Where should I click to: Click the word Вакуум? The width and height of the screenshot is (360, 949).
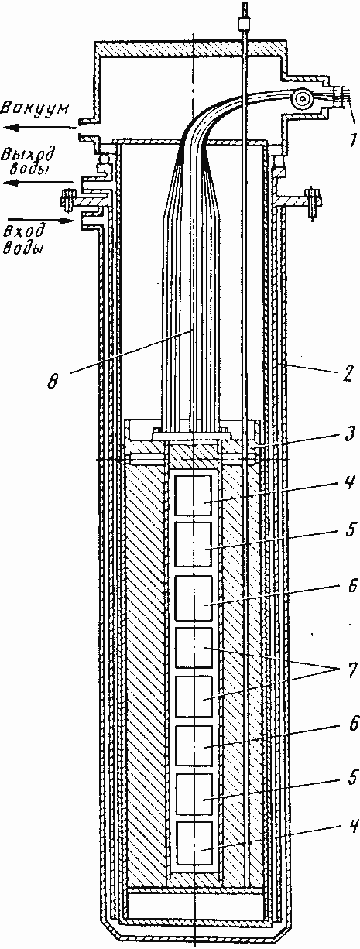click(34, 109)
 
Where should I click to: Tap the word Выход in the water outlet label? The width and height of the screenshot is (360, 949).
click(27, 155)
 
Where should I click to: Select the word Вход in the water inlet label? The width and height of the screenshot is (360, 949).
click(25, 231)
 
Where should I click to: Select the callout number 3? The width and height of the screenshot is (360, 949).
click(348, 435)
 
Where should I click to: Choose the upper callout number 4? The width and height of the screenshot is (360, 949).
click(350, 482)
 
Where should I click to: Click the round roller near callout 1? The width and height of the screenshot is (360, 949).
click(303, 99)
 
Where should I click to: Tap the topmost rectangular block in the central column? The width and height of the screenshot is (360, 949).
click(194, 495)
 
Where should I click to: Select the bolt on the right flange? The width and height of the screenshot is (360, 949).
click(313, 203)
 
